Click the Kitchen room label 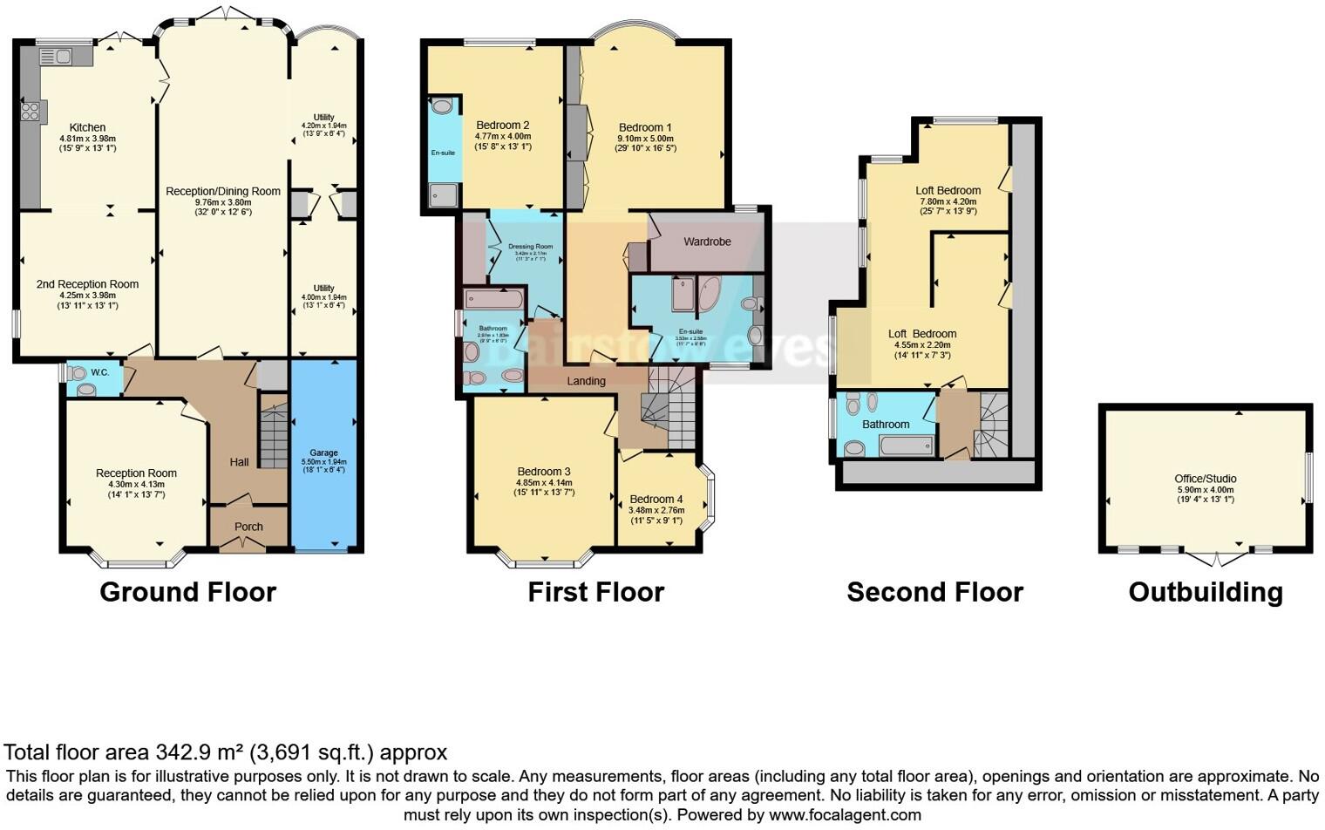[87, 127]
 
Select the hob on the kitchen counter [30, 111]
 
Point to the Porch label [248, 527]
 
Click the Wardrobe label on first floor [707, 242]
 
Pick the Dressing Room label [531, 247]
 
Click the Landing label [586, 381]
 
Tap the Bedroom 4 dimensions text [656, 515]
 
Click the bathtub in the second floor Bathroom [907, 446]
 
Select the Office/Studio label [1206, 479]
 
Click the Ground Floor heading [187, 592]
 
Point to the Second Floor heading [934, 592]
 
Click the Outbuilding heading [1206, 592]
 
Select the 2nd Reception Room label [87, 284]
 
